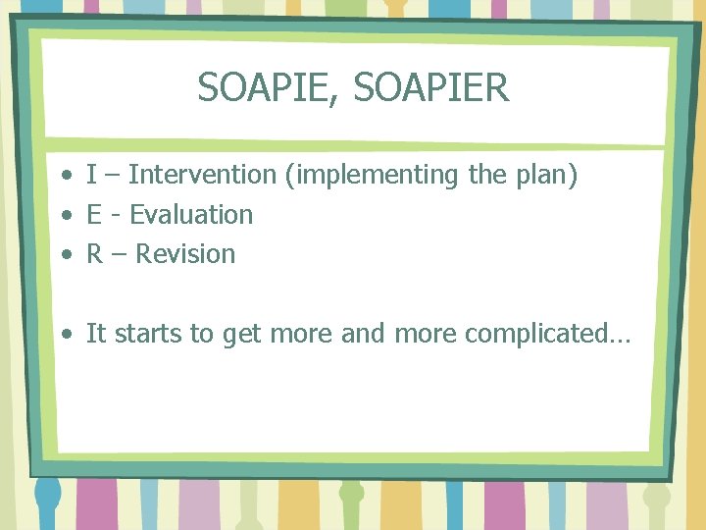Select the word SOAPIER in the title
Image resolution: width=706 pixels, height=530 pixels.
click(x=431, y=88)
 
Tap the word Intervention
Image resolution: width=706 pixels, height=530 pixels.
click(x=202, y=176)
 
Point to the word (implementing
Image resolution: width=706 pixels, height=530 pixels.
click(x=374, y=177)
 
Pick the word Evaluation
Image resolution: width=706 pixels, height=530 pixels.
click(x=191, y=215)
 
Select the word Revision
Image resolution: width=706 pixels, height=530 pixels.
click(x=185, y=254)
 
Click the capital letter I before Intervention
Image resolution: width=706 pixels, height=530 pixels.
click(x=91, y=176)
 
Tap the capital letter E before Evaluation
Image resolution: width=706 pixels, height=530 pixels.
click(x=94, y=215)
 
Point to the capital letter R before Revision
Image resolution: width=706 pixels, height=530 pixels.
click(x=95, y=254)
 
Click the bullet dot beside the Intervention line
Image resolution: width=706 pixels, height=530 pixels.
click(x=65, y=178)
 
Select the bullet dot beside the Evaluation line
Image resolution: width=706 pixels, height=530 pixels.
click(x=65, y=217)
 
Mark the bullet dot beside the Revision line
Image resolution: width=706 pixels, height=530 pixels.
click(x=65, y=256)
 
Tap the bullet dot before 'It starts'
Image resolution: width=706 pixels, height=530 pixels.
click(x=65, y=336)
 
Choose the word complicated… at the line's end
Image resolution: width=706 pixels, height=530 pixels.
click(x=548, y=335)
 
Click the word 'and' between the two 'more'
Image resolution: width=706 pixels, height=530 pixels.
click(x=364, y=334)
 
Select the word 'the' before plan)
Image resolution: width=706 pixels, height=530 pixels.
click(x=487, y=176)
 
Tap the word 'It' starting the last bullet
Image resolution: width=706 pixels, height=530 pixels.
click(x=96, y=334)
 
